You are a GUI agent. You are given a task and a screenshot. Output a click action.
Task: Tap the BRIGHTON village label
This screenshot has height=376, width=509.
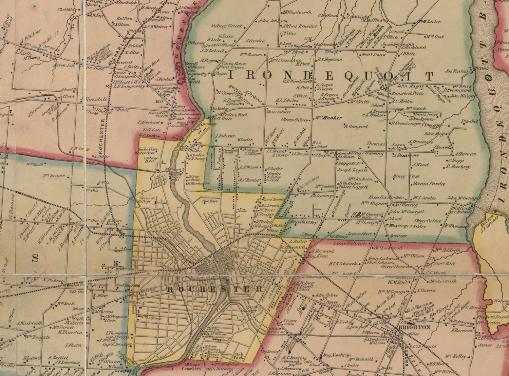[414, 327]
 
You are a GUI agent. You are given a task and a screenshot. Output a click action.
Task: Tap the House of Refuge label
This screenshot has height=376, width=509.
[147, 200]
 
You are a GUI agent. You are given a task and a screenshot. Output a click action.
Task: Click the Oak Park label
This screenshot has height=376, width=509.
[239, 355]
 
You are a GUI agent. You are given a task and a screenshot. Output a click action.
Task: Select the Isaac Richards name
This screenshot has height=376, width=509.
[350, 243]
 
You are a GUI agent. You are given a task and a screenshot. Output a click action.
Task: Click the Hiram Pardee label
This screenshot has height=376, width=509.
[428, 184]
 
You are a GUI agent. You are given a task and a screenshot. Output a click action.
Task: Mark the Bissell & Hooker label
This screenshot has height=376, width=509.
[386, 197]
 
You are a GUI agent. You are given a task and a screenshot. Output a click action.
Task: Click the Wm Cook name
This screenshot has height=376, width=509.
[435, 37]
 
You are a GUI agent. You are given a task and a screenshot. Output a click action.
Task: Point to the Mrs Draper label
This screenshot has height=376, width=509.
[53, 176]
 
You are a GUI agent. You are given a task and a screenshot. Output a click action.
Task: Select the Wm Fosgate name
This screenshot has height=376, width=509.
[37, 337]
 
